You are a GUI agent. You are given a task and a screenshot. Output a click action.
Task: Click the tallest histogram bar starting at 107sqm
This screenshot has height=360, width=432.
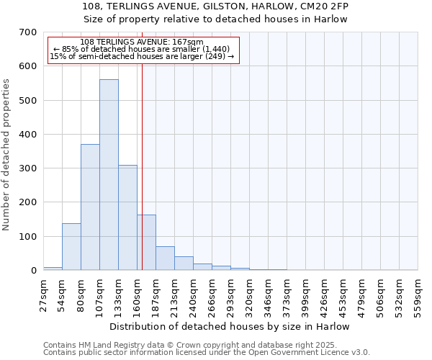(109, 175)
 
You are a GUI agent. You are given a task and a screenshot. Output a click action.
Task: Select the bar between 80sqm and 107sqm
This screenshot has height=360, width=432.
(90, 207)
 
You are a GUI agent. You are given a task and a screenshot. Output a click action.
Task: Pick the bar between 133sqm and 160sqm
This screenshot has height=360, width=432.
(127, 217)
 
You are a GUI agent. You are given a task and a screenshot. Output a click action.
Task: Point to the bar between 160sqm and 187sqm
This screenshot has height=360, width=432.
(146, 243)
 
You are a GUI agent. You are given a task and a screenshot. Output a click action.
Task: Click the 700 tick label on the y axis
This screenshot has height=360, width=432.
(28, 32)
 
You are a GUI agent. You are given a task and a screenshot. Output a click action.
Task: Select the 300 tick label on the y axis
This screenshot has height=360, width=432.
(28, 168)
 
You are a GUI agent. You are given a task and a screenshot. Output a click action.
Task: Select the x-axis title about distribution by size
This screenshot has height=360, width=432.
(230, 326)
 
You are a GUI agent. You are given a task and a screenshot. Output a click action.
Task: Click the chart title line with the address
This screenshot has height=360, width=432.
(230, 6)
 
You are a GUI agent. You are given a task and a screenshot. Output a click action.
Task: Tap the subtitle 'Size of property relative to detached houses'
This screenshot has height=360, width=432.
(230, 19)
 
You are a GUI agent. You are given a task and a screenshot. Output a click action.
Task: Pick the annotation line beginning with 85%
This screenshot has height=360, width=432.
(142, 49)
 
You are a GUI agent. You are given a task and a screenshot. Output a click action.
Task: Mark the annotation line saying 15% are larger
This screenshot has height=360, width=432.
(142, 56)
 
